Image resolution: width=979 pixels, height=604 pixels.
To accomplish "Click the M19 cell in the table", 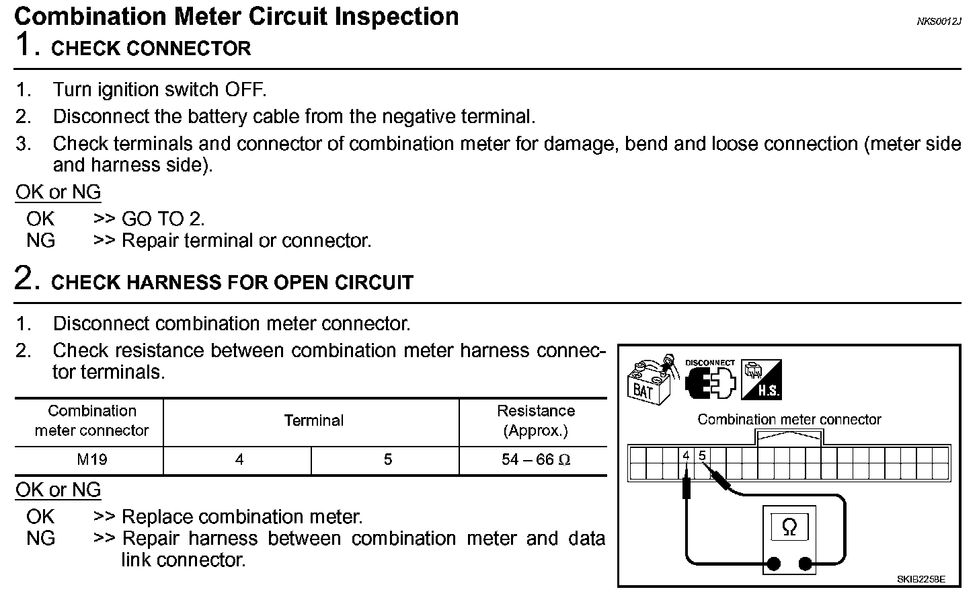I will point(91,460).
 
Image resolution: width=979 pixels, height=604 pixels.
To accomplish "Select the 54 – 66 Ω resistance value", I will point(535,460).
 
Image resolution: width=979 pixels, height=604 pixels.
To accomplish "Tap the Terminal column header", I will point(313,421).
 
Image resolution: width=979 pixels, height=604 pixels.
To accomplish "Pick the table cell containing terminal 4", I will point(239,460).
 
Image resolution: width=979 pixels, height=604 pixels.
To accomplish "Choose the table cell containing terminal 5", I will point(387,460).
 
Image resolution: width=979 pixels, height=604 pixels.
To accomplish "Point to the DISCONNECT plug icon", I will point(710,380).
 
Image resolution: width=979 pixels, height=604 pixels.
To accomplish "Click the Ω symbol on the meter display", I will point(789,527).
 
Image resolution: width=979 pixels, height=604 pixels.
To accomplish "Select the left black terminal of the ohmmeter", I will point(774,564).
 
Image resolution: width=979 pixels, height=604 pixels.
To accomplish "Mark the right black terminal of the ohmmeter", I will point(805,564).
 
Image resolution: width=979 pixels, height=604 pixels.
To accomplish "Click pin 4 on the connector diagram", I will point(686,456).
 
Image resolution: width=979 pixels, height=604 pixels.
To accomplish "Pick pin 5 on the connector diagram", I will point(702,455).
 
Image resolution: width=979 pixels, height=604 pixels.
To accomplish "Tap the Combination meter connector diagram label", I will point(789,420).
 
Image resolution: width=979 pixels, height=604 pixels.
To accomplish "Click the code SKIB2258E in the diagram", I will point(921,578).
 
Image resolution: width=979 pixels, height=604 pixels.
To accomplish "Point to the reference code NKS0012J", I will point(939,22).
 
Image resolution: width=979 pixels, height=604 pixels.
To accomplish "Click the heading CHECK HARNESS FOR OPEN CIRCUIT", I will point(232,282).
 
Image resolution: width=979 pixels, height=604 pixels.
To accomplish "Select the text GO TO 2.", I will point(163,219).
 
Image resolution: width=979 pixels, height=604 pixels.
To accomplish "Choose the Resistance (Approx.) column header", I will point(535,421).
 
